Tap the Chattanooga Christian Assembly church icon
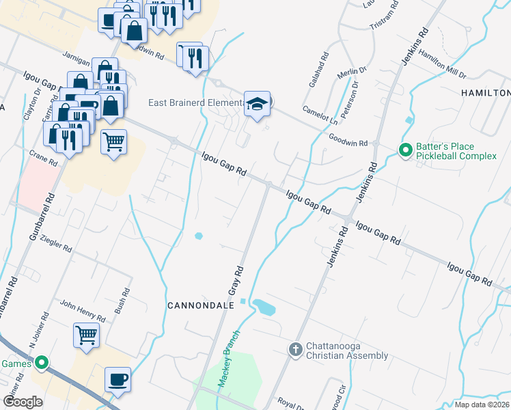295,349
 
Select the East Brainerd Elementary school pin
257,105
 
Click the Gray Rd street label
236,280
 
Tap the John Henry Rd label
83,310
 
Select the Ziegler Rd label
56,243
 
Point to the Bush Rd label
122,301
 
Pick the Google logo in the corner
23,402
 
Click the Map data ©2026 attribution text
481,405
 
